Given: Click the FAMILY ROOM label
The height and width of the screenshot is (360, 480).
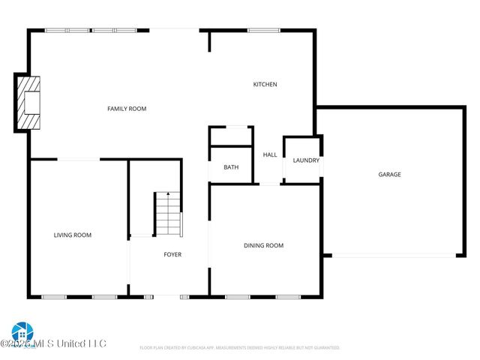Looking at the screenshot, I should (x=127, y=109).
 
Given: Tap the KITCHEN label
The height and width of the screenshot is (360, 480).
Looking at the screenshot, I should (x=265, y=84).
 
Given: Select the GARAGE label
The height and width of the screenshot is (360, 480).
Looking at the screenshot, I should (x=389, y=174).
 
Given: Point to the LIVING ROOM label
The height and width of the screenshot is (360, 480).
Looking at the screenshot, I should (x=73, y=235).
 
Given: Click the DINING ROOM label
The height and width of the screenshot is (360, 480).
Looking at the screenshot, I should (x=263, y=245).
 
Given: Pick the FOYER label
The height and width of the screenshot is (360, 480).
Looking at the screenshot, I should (x=172, y=254).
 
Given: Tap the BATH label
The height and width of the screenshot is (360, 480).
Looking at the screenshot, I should (x=231, y=166).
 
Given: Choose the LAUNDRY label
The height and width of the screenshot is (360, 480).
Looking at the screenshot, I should (x=306, y=160).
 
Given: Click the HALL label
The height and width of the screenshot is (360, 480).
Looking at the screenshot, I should (x=270, y=154).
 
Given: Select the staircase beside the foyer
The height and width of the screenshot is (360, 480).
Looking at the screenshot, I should (x=168, y=214).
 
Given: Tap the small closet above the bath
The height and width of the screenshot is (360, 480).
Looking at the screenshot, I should (x=231, y=136).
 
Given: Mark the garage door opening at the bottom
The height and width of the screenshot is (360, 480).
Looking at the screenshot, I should (x=393, y=256).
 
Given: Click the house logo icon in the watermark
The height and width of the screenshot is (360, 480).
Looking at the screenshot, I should (x=21, y=331).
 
